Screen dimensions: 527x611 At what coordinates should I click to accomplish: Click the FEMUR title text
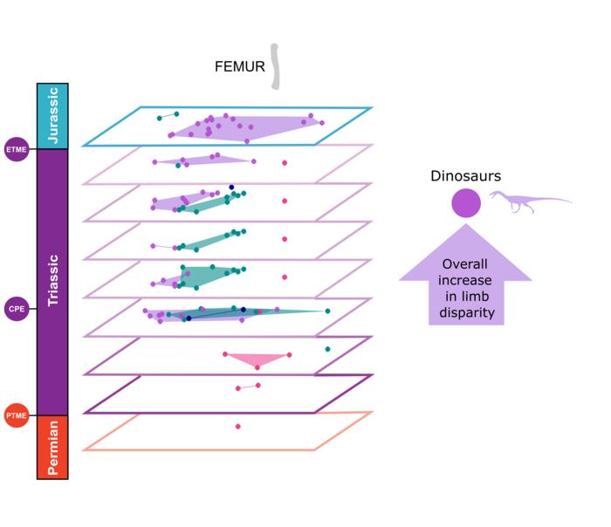tap(239, 66)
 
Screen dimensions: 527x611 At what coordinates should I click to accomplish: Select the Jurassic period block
tap(52, 116)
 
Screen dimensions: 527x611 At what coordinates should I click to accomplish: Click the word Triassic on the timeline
tap(52, 279)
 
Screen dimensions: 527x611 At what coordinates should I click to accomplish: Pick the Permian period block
tap(52, 447)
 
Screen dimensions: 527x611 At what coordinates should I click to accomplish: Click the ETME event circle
tap(17, 149)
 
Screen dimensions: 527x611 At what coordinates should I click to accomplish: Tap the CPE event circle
tap(17, 308)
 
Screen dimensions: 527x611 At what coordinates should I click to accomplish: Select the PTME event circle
tap(17, 415)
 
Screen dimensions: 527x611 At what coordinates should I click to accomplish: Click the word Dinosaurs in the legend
tap(465, 176)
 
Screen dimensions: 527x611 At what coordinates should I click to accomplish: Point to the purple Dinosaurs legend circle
tap(465, 203)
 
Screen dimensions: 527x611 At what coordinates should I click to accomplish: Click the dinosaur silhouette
tap(529, 202)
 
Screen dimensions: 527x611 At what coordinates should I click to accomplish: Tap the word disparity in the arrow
tap(466, 312)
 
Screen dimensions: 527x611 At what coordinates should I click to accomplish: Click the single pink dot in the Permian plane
tap(237, 427)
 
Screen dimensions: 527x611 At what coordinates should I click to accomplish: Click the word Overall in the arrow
tap(465, 264)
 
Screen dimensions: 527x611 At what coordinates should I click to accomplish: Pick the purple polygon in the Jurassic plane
tap(244, 127)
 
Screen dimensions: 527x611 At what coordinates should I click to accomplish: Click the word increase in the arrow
tap(465, 280)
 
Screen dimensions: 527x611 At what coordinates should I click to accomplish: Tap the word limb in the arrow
tap(465, 297)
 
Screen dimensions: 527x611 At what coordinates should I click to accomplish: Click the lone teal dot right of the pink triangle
tap(327, 349)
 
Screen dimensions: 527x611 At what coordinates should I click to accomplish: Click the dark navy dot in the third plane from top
tap(231, 187)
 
